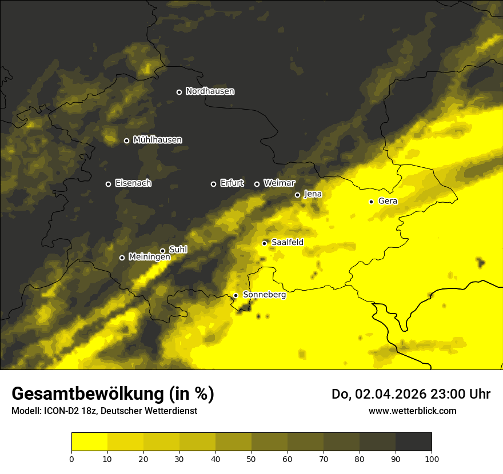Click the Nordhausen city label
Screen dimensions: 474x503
(x=210, y=91)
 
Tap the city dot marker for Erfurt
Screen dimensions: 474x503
(x=214, y=184)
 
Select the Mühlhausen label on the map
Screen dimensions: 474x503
(x=157, y=140)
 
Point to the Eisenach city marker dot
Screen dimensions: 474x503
(x=108, y=184)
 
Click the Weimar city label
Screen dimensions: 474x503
(x=279, y=183)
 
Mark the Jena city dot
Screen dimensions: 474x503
(x=297, y=195)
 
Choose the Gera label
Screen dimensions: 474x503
(x=388, y=201)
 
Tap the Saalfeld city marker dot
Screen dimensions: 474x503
(x=264, y=243)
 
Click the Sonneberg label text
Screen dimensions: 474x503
(x=264, y=295)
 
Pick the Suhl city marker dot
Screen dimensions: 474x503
(x=162, y=251)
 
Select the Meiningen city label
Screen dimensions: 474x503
(x=149, y=257)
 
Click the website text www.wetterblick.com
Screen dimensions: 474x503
(x=412, y=411)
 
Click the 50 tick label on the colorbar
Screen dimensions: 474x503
(x=251, y=458)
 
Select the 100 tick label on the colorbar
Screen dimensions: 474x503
(x=432, y=458)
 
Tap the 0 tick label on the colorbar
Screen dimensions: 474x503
(x=71, y=458)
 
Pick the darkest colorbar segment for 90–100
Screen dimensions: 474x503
(x=413, y=442)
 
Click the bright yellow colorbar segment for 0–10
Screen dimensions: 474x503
(x=89, y=442)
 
